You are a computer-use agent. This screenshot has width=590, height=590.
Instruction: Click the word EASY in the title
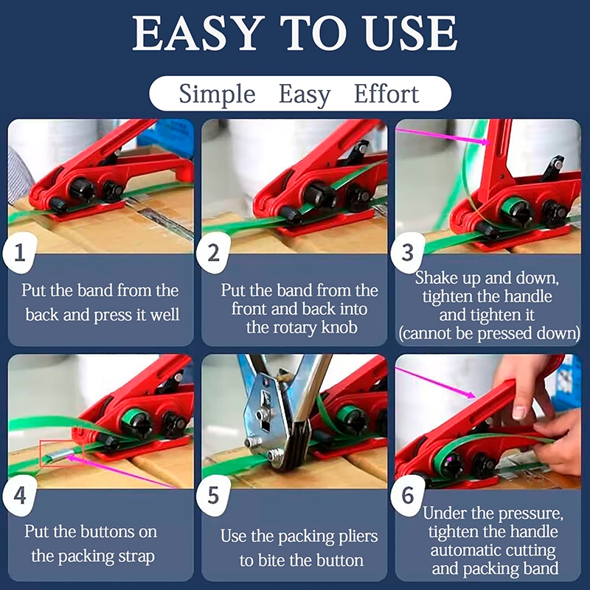pyautogui.click(x=196, y=33)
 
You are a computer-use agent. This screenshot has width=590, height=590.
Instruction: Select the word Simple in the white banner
pyautogui.click(x=217, y=94)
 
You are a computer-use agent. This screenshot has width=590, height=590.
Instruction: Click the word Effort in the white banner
pyautogui.click(x=386, y=94)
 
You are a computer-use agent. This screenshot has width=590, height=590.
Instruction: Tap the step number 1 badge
pyautogui.click(x=20, y=253)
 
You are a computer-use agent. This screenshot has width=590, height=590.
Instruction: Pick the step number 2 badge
pyautogui.click(x=213, y=253)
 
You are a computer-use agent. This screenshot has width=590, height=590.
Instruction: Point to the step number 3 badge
pyautogui.click(x=407, y=253)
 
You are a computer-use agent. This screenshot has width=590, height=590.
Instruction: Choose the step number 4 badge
pyautogui.click(x=20, y=495)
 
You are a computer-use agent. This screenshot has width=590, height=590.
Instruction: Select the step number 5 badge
pyautogui.click(x=213, y=495)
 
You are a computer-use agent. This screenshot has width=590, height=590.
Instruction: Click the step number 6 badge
pyautogui.click(x=407, y=495)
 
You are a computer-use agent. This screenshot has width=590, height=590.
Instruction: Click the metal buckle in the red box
pyautogui.click(x=58, y=456)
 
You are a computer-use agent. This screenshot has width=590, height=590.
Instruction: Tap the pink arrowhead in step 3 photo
pyautogui.click(x=485, y=142)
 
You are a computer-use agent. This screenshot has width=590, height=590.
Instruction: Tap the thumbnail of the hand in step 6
pyautogui.click(x=520, y=413)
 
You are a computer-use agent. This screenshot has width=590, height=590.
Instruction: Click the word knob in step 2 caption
pyautogui.click(x=339, y=327)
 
